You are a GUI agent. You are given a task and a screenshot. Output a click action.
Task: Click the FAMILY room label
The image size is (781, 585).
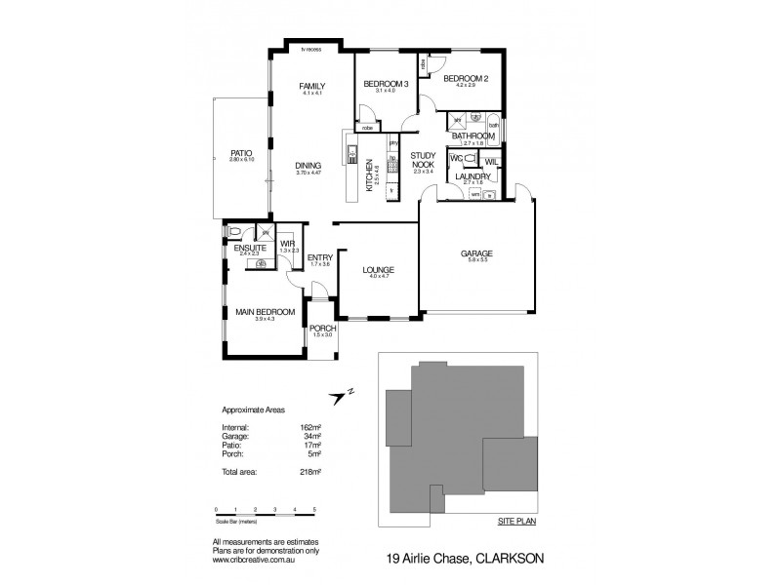(x=311, y=87)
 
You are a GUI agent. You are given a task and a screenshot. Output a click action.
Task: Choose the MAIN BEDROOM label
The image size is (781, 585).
(x=260, y=312)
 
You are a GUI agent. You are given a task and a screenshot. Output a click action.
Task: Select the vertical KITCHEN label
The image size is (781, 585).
(x=370, y=179)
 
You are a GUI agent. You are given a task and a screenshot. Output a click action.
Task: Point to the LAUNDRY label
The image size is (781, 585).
(x=473, y=175)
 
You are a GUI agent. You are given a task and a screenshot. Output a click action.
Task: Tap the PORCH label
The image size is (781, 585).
(x=322, y=329)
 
